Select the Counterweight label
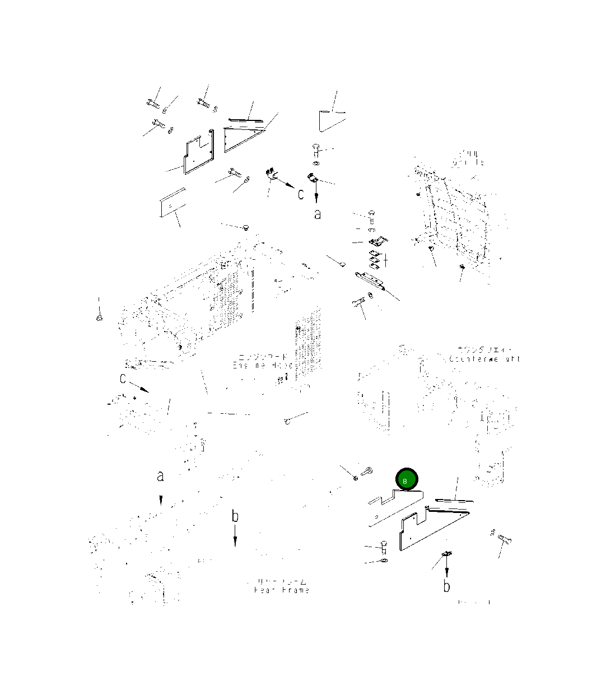(484, 355)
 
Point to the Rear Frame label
(281, 586)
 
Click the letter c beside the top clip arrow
(301, 194)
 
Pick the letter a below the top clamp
(318, 213)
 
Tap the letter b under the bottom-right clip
(446, 586)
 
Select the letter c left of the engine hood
(123, 379)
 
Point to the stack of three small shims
(376, 259)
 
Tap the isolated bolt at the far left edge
(99, 319)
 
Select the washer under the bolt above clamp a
(315, 163)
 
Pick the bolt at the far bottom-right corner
(505, 539)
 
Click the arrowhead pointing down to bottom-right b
(446, 573)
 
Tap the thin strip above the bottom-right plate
(454, 501)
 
